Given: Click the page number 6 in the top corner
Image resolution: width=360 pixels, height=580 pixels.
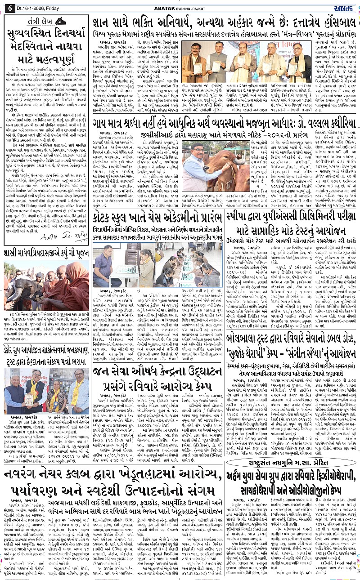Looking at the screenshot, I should [x=9, y=6].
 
